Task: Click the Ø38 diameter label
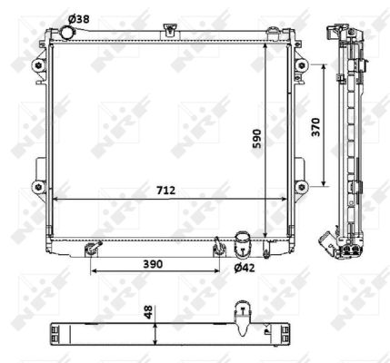pos(79,19)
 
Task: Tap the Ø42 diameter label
pos(245,268)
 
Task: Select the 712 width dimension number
pos(165,191)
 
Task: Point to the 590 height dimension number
pos(256,139)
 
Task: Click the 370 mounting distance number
pos(315,127)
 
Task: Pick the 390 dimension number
pos(153,264)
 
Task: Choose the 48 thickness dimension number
pos(148,312)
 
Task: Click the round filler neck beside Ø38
pos(66,33)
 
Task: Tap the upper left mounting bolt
pos(38,65)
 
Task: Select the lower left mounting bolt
pos(38,187)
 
